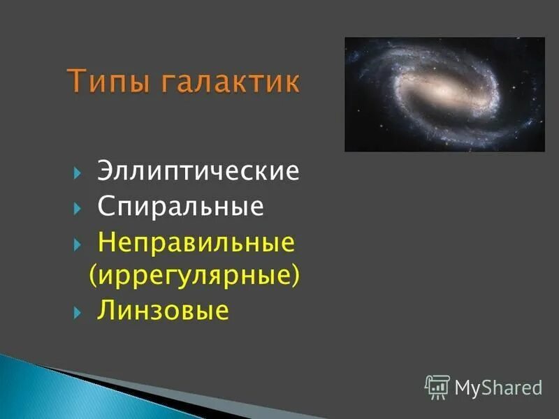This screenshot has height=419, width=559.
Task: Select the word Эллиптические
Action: pos(198,172)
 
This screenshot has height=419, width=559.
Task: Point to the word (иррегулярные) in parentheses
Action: pos(194,275)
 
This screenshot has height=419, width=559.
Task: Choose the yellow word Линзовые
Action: pos(163,309)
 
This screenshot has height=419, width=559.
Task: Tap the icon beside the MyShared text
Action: pos(437,386)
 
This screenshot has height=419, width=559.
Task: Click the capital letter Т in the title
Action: pos(78,82)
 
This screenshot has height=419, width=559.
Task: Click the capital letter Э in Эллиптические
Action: pos(105,172)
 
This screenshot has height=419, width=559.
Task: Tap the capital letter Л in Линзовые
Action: pos(106,310)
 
